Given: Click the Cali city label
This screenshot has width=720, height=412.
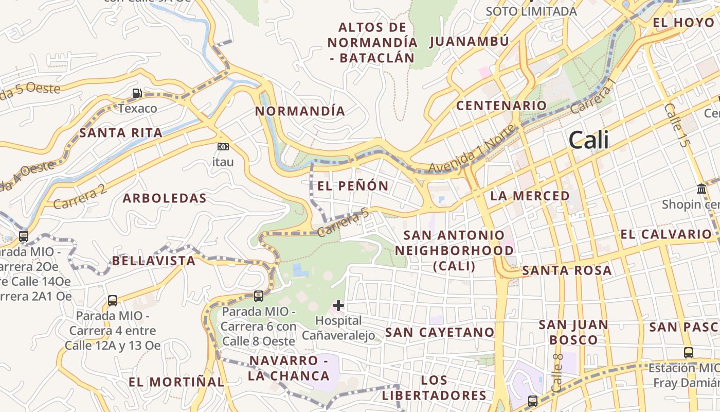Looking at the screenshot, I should [x=589, y=140].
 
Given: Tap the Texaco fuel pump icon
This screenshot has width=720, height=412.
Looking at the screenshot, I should [x=137, y=93].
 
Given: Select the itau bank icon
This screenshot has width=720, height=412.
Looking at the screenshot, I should [x=223, y=147].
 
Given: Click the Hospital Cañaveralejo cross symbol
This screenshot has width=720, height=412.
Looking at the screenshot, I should [x=338, y=305].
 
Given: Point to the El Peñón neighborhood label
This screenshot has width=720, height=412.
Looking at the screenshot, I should [x=353, y=186].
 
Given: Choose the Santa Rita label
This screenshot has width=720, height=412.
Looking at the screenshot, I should [x=121, y=133].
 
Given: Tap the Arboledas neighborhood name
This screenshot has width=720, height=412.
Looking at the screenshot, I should [x=165, y=198].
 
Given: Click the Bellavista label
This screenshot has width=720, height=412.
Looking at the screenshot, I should [x=154, y=261].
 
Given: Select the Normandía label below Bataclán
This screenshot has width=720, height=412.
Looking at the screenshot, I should [x=300, y=111].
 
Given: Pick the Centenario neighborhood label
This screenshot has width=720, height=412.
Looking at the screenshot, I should [x=502, y=106].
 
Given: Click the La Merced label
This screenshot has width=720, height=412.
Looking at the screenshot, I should [x=530, y=196].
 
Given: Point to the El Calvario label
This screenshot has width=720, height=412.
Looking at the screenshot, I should [x=665, y=234].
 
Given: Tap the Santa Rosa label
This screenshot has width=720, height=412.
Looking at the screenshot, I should [x=567, y=270].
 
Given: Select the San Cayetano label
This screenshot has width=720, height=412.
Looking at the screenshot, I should [x=440, y=332].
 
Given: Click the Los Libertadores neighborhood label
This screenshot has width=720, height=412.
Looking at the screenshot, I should [x=434, y=388].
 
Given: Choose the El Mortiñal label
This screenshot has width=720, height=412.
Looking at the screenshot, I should [x=176, y=382].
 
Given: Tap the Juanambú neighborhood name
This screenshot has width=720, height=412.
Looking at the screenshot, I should [x=469, y=41].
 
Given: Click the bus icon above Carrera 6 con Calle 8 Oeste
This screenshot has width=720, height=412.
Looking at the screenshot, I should [x=259, y=296].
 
